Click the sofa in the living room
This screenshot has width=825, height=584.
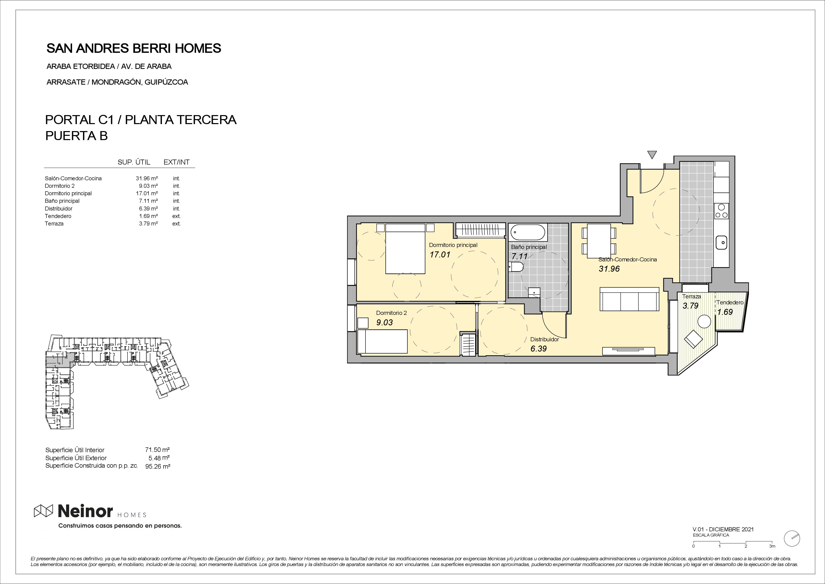tap(629, 299)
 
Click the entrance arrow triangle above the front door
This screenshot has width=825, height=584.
tap(652, 155)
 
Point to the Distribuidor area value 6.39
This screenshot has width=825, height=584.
tap(539, 349)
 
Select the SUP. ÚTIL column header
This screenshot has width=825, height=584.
tap(134, 162)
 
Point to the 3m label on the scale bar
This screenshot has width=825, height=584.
tap(772, 556)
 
